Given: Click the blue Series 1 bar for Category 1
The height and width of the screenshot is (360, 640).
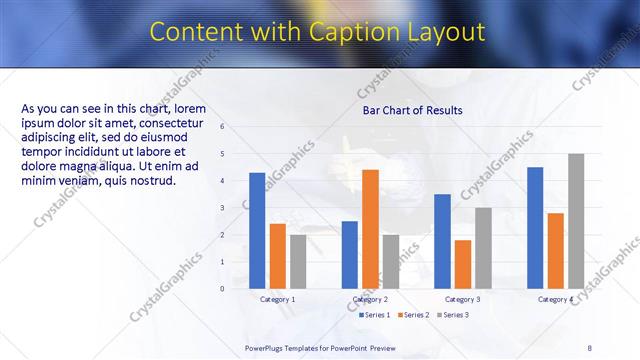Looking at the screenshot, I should tap(257, 231).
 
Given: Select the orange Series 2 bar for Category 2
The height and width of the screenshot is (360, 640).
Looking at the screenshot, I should tap(370, 229).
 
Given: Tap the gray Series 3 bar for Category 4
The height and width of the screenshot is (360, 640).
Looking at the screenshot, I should tap(576, 221).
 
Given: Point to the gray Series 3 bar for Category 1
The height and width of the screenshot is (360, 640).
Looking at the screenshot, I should tap(298, 262).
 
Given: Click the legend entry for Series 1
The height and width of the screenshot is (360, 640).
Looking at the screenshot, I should tap(375, 315).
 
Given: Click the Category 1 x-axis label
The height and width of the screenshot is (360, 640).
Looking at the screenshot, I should tap(277, 300).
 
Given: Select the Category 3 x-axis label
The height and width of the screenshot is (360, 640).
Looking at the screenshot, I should tap(462, 300).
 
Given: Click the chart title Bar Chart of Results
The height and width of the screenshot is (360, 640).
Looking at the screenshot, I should tap(412, 110).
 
